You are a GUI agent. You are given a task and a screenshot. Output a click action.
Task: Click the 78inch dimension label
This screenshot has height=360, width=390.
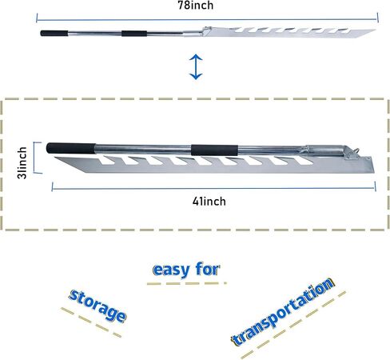(x=196, y=6)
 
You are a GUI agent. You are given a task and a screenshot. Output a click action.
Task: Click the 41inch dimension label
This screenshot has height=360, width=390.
(x=209, y=202)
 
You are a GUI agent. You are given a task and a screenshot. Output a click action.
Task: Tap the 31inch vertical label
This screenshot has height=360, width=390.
(x=22, y=162)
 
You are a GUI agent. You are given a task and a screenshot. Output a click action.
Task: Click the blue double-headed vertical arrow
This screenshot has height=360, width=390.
(x=196, y=67)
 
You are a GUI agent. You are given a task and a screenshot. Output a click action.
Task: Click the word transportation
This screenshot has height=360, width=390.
(x=283, y=312)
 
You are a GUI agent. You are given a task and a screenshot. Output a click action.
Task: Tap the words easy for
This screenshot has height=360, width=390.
(x=186, y=270)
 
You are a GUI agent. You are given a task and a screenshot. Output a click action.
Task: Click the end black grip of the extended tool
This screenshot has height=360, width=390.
(x=54, y=34)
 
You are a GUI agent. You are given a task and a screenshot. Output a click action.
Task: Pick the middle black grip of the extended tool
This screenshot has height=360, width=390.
(x=134, y=34)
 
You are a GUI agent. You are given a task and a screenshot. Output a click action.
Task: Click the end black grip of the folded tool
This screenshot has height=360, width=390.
(x=71, y=148)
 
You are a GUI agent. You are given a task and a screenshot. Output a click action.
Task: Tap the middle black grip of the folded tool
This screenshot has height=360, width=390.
(x=214, y=150)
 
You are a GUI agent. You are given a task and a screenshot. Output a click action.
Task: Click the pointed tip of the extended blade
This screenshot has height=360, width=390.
(x=376, y=30)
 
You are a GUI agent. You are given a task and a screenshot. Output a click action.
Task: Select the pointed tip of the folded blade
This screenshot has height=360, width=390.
(x=55, y=158)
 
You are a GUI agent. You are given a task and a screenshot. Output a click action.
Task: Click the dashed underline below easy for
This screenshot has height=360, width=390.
(x=186, y=283)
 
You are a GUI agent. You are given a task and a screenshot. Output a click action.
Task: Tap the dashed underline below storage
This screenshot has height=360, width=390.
(x=91, y=322)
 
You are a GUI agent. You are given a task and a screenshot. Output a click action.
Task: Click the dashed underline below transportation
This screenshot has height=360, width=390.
(x=293, y=325)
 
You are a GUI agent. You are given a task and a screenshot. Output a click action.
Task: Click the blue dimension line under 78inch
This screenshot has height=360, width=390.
(x=207, y=19)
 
